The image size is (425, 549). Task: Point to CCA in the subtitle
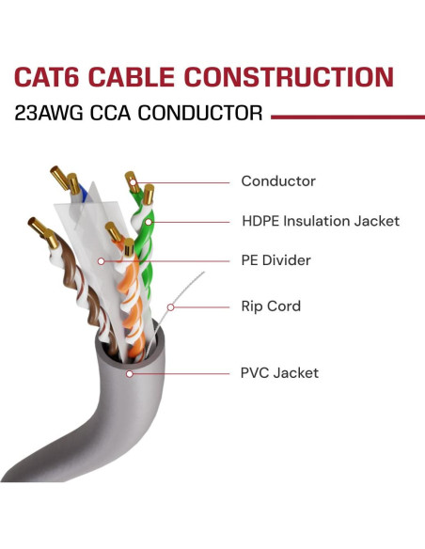pyautogui.click(x=118, y=115)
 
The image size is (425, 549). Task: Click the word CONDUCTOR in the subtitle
pyautogui.click(x=204, y=115)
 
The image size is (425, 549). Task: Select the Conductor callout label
pyautogui.click(x=277, y=181)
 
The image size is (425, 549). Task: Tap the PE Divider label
pyautogui.click(x=275, y=259)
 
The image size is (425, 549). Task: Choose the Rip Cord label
pyautogui.click(x=271, y=306)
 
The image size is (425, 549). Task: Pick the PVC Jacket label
pyautogui.click(x=279, y=373)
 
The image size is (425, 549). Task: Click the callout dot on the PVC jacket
pyautogui.click(x=131, y=373)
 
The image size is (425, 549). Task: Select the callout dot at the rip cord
pyautogui.click(x=170, y=306)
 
